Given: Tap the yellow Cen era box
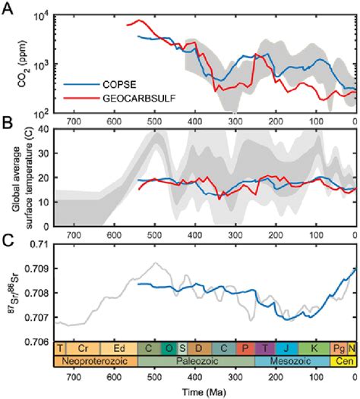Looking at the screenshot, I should (343, 363).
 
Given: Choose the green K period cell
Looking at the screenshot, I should (312, 349).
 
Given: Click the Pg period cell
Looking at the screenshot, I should (340, 349).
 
